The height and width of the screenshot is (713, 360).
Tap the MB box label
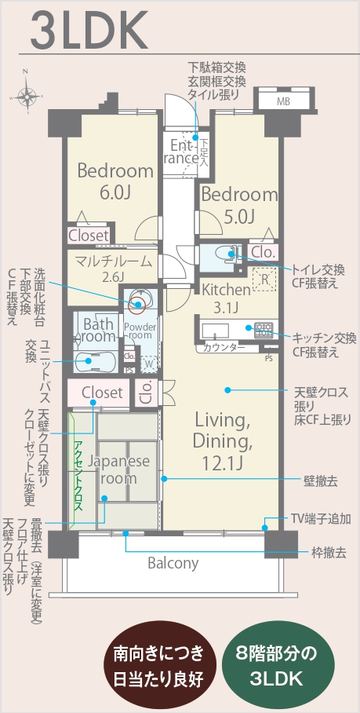click(283, 102)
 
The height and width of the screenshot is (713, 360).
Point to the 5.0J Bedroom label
click(239, 206)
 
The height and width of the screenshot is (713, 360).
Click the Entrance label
click(184, 152)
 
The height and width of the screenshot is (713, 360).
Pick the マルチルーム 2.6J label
click(113, 268)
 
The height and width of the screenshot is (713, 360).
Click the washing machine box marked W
click(147, 364)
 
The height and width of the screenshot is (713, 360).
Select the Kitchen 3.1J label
click(226, 298)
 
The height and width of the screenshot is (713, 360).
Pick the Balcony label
click(173, 563)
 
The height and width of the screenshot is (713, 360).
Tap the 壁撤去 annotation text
click(320, 481)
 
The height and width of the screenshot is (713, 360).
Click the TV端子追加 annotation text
click(321, 518)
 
